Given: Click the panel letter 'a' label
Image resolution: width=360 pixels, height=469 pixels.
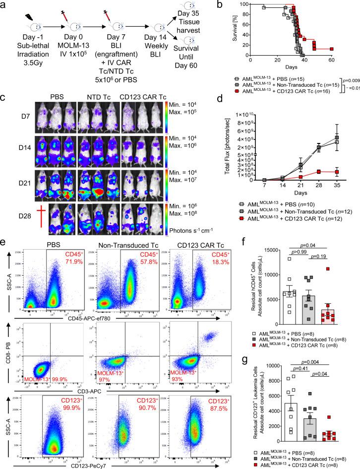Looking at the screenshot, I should click(x=4, y=5).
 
